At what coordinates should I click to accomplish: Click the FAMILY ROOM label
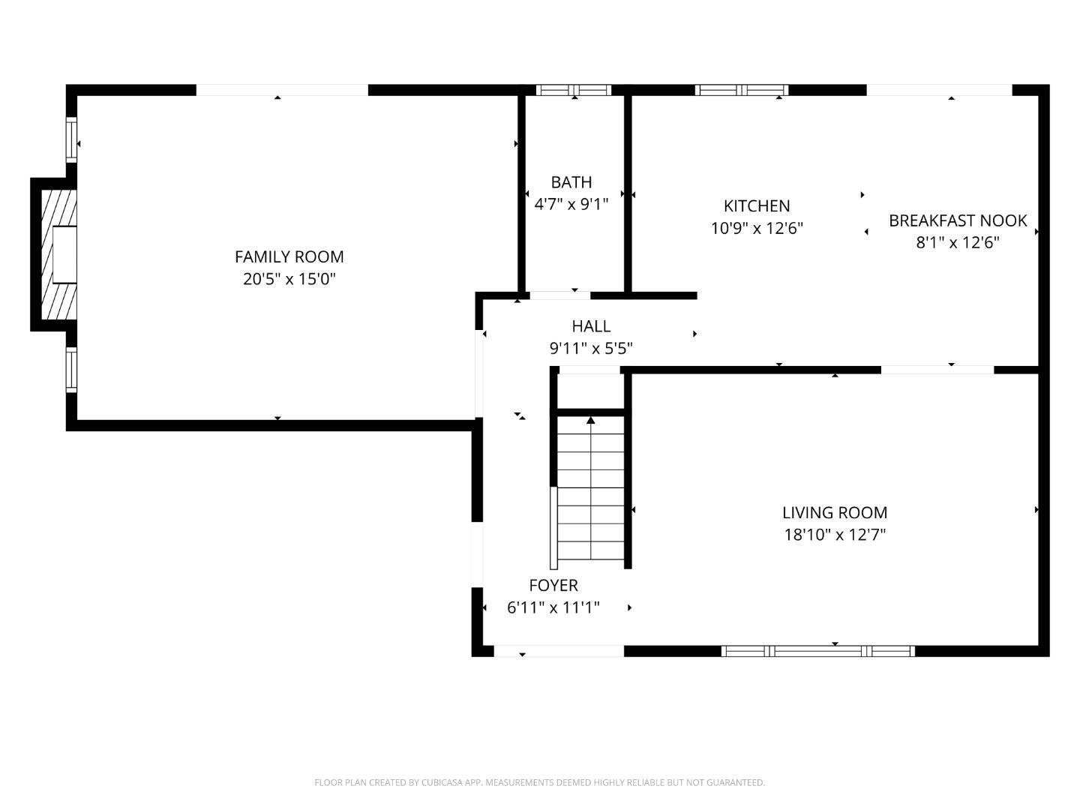pyautogui.click(x=289, y=256)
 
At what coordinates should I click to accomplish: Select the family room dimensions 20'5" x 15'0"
pyautogui.click(x=289, y=279)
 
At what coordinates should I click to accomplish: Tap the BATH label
pyautogui.click(x=571, y=182)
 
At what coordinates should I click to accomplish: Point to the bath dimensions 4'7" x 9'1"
pyautogui.click(x=571, y=204)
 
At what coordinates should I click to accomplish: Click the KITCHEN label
pyautogui.click(x=756, y=205)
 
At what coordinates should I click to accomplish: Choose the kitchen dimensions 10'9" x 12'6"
pyautogui.click(x=756, y=228)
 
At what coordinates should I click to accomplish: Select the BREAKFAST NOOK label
pyautogui.click(x=957, y=220)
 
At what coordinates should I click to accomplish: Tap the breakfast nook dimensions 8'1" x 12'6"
pyautogui.click(x=957, y=242)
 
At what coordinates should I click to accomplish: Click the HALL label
pyautogui.click(x=591, y=326)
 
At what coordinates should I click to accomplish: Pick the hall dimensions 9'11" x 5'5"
pyautogui.click(x=591, y=348)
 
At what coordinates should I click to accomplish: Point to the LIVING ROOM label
pyautogui.click(x=834, y=513)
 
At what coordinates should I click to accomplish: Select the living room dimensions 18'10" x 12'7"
pyautogui.click(x=834, y=535)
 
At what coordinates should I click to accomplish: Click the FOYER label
pyautogui.click(x=553, y=586)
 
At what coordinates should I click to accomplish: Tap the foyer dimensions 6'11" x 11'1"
pyautogui.click(x=553, y=607)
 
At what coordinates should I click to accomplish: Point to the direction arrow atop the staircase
pyautogui.click(x=590, y=421)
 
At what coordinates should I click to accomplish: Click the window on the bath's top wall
pyautogui.click(x=574, y=90)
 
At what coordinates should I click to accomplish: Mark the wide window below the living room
pyautogui.click(x=817, y=651)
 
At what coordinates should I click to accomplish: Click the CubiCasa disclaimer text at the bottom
pyautogui.click(x=539, y=782)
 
